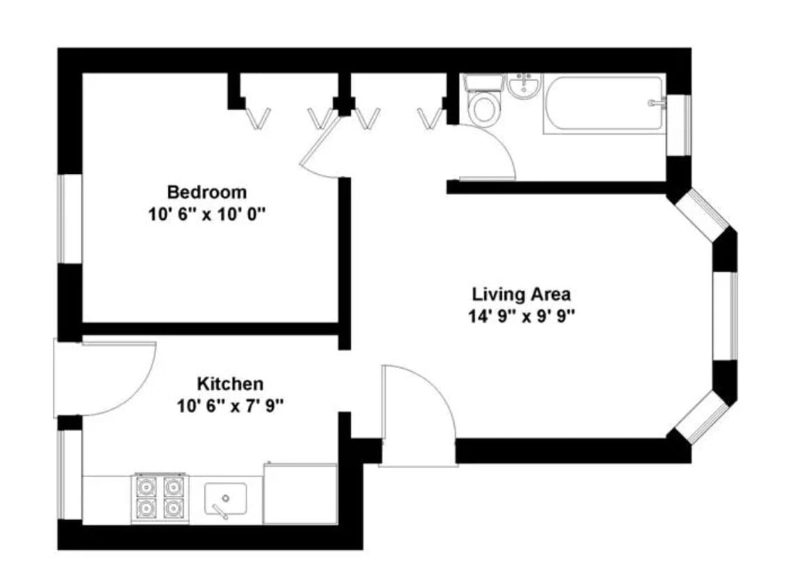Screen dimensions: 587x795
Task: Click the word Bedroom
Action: [x=207, y=191]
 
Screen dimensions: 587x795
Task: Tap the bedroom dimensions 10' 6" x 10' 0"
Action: [x=207, y=214]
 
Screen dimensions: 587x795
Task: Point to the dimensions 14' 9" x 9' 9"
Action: [x=521, y=316]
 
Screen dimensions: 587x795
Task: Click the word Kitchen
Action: [x=230, y=383]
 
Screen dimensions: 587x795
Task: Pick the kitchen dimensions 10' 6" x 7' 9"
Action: [x=230, y=405]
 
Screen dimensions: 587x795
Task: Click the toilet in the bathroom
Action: [x=482, y=104]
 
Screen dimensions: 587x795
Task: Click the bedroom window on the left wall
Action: [x=70, y=218]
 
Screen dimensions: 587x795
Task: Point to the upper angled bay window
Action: [x=702, y=215]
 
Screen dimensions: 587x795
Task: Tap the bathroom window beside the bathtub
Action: [x=679, y=125]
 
